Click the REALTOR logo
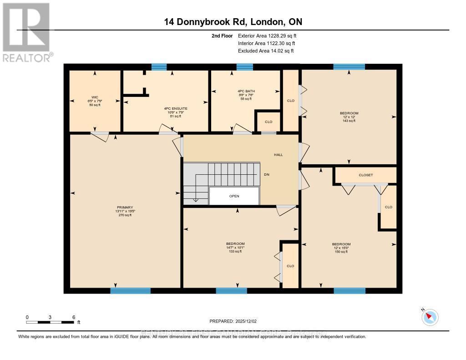[x=26, y=32]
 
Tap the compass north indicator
[x=430, y=317]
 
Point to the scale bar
[x=50, y=322]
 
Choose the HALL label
[x=278, y=155]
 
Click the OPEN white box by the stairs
[x=234, y=196]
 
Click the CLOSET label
[x=365, y=175]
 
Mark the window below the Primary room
[x=130, y=291]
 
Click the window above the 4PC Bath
[x=244, y=67]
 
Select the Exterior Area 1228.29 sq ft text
[x=267, y=35]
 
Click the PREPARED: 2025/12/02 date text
[x=233, y=321]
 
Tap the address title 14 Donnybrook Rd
[x=233, y=22]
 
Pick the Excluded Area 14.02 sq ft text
[x=266, y=51]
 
